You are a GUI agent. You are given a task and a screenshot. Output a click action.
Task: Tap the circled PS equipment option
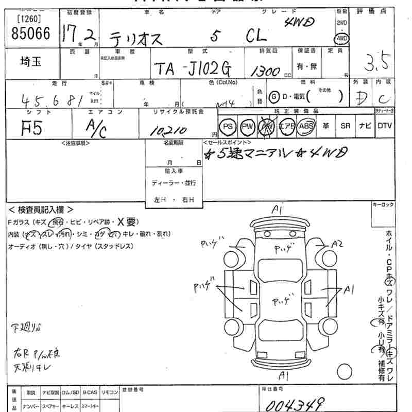point(228,126)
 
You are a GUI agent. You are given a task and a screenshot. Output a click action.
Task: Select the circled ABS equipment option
point(306,126)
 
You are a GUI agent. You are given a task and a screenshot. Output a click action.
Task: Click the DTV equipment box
point(384,126)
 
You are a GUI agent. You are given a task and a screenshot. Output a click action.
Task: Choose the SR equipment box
point(346,126)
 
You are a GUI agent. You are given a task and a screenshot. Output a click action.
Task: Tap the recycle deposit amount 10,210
point(168,130)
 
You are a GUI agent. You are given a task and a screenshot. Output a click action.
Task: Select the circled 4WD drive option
point(341,39)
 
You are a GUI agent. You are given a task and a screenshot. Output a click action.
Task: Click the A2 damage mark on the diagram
point(338,244)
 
